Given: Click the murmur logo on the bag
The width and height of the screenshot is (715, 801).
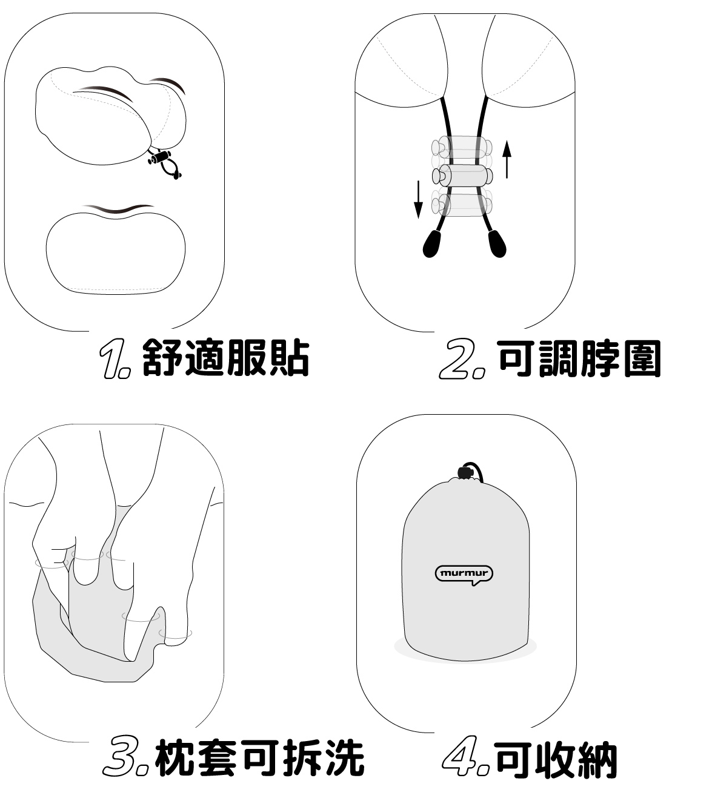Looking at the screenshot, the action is pos(464,574).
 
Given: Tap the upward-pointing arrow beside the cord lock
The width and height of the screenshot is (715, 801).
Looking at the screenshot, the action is pos(507,159).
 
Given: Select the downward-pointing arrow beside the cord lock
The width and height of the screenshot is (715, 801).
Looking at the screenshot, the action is pos(418,199).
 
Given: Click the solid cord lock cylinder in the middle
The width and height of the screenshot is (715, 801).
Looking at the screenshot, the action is pos(462,176).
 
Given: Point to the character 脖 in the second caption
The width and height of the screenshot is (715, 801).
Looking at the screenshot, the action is pos(600,358).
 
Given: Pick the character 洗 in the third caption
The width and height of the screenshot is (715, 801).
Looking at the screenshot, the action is pos(344,759).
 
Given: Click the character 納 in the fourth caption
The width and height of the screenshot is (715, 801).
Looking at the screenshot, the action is pos(597,760).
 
